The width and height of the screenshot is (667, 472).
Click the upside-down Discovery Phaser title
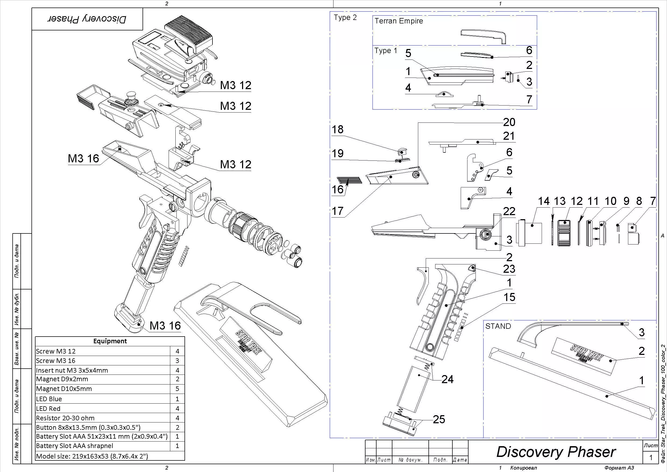[x=87, y=19]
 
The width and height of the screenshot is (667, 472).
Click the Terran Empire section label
[x=399, y=21]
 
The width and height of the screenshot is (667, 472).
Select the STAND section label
[x=498, y=326]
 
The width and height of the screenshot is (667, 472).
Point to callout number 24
[x=447, y=379]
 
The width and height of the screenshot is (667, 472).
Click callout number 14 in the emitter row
[x=544, y=201]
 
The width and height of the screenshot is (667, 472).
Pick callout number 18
[x=338, y=130]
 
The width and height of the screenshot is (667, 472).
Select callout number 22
[x=509, y=211]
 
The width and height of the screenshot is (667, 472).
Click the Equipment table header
[x=110, y=341]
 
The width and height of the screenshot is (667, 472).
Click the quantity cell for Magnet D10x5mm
[x=177, y=389]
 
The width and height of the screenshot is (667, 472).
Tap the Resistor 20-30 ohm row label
[x=65, y=418]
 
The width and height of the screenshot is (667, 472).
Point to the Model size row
[x=92, y=456]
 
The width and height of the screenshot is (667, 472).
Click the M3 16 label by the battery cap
[x=165, y=326]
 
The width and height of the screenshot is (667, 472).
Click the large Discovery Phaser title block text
[x=556, y=452]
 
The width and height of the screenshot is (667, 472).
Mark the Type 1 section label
[x=385, y=51]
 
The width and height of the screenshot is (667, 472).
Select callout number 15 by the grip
[x=509, y=297]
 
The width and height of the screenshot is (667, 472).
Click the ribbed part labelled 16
[x=349, y=180]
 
